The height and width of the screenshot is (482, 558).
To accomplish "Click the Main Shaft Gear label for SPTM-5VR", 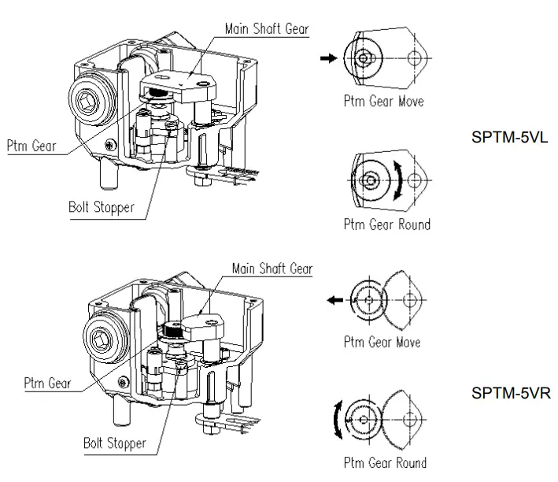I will pyautogui.click(x=272, y=269).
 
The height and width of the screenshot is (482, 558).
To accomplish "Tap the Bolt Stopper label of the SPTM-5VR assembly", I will pyautogui.click(x=115, y=443).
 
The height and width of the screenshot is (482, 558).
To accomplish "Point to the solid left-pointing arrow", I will pyautogui.click(x=335, y=299).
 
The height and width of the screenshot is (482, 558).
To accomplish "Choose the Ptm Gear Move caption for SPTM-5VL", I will pyautogui.click(x=383, y=101).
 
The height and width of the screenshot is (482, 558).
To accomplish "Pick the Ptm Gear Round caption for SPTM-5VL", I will pyautogui.click(x=386, y=224).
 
